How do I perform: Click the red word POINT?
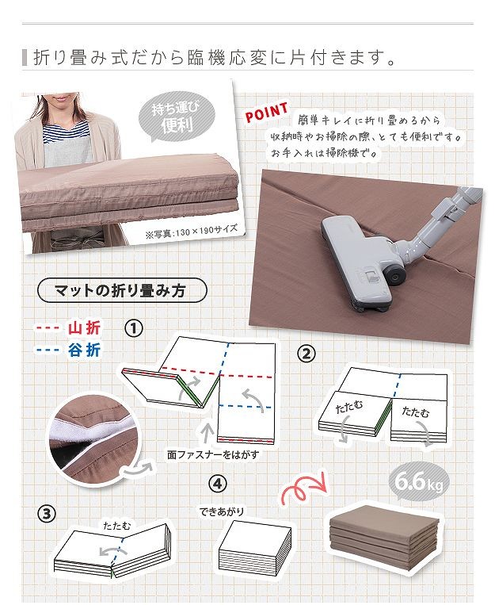coord(266,112)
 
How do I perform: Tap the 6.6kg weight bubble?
coord(419,481)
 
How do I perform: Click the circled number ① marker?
coord(134,328)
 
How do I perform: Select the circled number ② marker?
coord(307,354)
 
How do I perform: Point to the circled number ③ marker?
coord(46,514)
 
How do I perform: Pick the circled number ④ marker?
coord(218,484)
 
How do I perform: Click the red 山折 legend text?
coord(85,328)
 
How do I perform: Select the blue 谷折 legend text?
coord(85,350)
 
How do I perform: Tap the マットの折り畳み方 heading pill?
coord(122,290)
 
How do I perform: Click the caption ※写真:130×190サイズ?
coord(191,231)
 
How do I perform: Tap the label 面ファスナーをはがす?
coord(213,454)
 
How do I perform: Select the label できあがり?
coord(222,511)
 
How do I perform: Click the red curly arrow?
coord(305,488)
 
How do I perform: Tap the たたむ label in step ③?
coord(116,526)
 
